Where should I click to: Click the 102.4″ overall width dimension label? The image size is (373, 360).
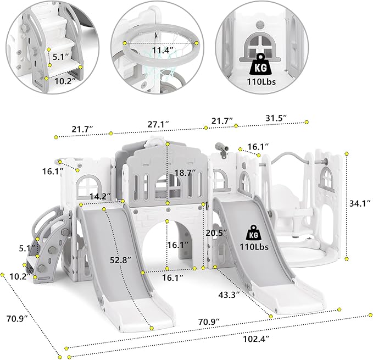pyautogui.click(x=256, y=339)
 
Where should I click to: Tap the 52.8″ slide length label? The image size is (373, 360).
pyautogui.click(x=121, y=260)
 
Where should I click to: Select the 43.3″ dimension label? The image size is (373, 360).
pyautogui.click(x=229, y=295)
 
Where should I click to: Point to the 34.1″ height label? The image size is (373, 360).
pyautogui.click(x=360, y=203)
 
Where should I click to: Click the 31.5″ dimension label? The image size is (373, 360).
pyautogui.click(x=276, y=118)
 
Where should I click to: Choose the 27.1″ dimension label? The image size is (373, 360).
pyautogui.click(x=158, y=124)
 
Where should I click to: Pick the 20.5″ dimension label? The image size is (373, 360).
pyautogui.click(x=216, y=233)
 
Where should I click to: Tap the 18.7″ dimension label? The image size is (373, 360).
pyautogui.click(x=185, y=173)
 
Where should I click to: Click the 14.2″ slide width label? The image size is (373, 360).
pyautogui.click(x=100, y=197)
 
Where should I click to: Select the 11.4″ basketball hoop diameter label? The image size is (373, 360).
pyautogui.click(x=163, y=51)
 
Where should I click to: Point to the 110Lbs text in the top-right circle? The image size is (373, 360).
pyautogui.click(x=261, y=82)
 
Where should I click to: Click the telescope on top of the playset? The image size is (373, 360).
pyautogui.click(x=221, y=149)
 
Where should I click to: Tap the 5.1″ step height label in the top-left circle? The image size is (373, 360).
pyautogui.click(x=60, y=57)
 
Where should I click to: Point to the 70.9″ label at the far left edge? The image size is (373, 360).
pyautogui.click(x=17, y=318)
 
